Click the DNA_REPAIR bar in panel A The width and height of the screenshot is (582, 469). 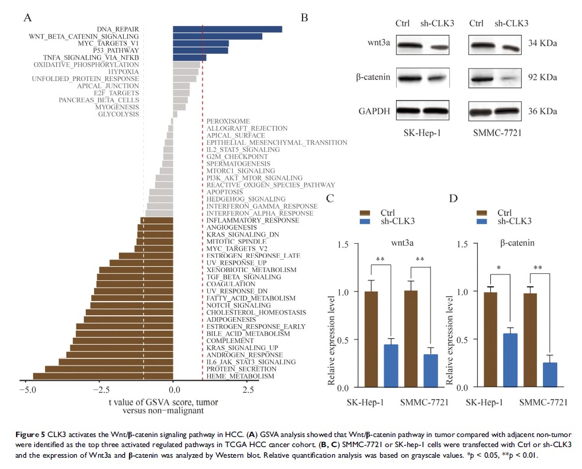(x=227, y=29)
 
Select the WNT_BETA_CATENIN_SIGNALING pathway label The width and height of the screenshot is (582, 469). (x=84, y=37)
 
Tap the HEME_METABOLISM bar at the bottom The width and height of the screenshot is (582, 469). (x=102, y=376)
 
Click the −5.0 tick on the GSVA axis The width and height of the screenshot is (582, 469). (x=26, y=390)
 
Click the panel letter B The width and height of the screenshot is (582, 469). (x=304, y=18)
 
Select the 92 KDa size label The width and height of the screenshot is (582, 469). (x=544, y=77)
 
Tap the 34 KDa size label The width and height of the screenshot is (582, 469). (x=544, y=44)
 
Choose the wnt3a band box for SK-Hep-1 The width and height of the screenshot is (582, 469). (x=422, y=44)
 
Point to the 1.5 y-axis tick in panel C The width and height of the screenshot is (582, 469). (x=342, y=243)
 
